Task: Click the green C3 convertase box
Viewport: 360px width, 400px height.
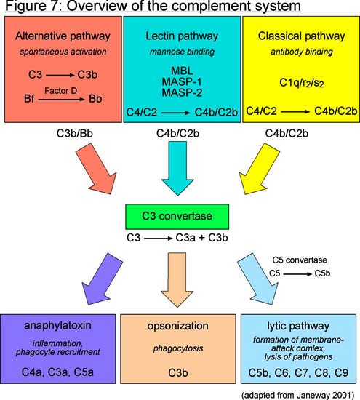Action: point(177,216)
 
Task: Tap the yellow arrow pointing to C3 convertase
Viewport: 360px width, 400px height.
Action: point(258,169)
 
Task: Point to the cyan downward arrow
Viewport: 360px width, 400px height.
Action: point(177,169)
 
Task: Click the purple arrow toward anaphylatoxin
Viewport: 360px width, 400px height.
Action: point(102,279)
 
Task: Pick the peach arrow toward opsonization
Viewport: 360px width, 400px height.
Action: point(177,280)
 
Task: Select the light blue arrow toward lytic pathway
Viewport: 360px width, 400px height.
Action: point(258,279)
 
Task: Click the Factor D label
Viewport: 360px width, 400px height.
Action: point(60,91)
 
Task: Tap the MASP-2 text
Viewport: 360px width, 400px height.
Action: point(182,92)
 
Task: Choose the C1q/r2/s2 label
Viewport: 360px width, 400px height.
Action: point(302,83)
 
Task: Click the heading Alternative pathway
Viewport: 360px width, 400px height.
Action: point(63,36)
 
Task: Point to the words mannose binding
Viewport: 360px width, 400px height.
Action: point(182,52)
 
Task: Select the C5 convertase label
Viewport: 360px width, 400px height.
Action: point(300,260)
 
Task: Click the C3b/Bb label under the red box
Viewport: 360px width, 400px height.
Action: point(74,133)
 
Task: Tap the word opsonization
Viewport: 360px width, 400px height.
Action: point(177,327)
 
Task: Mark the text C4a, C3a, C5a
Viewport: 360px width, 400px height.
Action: point(57,372)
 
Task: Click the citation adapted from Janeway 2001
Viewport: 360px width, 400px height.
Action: point(297,395)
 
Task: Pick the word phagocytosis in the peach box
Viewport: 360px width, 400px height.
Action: point(178,348)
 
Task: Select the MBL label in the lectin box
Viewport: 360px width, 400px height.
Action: point(182,71)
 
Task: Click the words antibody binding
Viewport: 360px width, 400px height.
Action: point(302,52)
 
